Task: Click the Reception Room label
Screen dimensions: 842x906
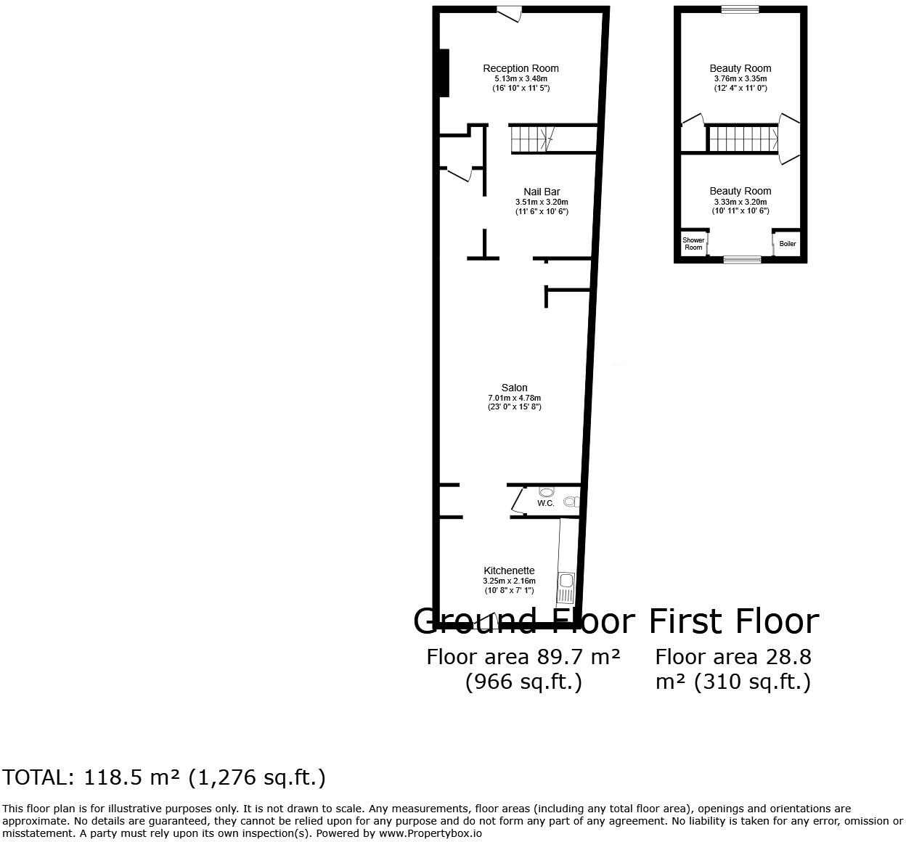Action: pos(521,68)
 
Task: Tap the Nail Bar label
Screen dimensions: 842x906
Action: pos(542,192)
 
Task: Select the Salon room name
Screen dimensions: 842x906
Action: pos(514,388)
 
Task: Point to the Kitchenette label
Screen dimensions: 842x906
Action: pos(509,571)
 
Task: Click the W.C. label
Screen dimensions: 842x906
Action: pos(545,503)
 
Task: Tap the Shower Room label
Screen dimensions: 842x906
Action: pos(693,244)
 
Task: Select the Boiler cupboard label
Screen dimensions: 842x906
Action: pos(788,244)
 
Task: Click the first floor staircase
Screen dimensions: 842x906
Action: pos(742,139)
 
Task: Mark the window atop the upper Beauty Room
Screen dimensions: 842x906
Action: pos(740,9)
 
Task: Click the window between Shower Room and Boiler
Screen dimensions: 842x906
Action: pos(742,259)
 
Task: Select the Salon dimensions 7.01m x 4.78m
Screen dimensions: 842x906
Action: pos(514,398)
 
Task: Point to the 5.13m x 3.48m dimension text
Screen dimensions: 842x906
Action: pos(521,78)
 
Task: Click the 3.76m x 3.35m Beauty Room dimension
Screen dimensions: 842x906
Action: pos(740,78)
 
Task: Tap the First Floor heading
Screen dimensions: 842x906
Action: pos(733,621)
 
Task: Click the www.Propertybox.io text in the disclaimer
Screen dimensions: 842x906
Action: pos(429,833)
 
